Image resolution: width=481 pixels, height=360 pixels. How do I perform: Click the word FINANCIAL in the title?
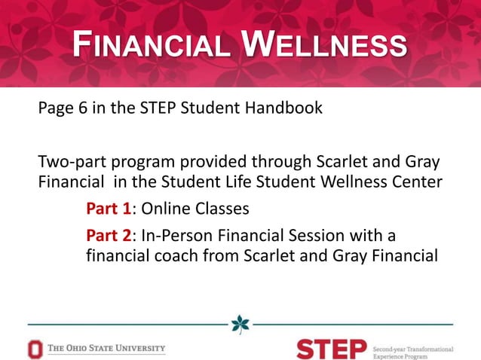point(150,47)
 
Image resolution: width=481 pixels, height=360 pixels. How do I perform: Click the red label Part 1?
point(109,209)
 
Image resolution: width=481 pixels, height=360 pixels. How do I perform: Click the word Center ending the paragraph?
point(415,182)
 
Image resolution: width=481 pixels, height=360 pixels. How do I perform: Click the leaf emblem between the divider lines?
point(240,324)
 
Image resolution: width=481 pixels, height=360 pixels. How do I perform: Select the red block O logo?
point(35,349)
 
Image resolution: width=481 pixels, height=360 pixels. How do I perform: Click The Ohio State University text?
point(106,349)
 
